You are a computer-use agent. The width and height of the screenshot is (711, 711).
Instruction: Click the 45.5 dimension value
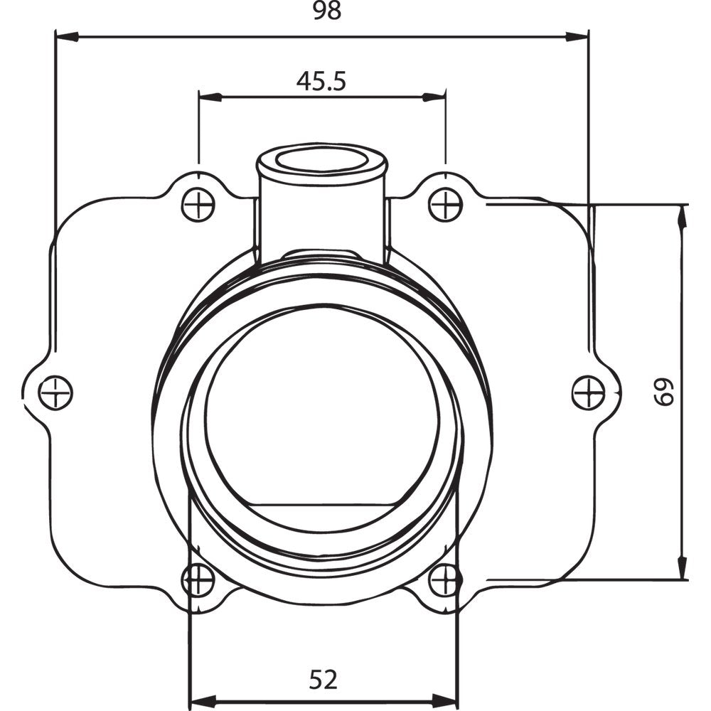click(321, 81)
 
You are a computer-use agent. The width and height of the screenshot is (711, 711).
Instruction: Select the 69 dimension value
click(663, 392)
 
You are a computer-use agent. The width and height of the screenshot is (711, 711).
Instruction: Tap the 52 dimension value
click(324, 680)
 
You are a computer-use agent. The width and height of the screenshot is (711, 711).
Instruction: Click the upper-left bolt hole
click(198, 206)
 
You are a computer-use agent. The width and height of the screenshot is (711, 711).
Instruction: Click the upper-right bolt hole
click(446, 205)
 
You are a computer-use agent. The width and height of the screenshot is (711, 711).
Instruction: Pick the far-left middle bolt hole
click(55, 392)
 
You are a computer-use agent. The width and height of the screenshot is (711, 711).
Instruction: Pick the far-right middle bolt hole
click(589, 392)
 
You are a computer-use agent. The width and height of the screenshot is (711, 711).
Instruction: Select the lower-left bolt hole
click(198, 581)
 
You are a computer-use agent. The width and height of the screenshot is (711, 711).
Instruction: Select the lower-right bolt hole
click(446, 581)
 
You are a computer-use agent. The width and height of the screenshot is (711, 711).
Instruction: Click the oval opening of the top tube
click(321, 160)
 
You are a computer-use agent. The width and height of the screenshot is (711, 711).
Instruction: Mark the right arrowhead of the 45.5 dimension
click(434, 97)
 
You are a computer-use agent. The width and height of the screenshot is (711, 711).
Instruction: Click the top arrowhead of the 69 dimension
click(683, 215)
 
